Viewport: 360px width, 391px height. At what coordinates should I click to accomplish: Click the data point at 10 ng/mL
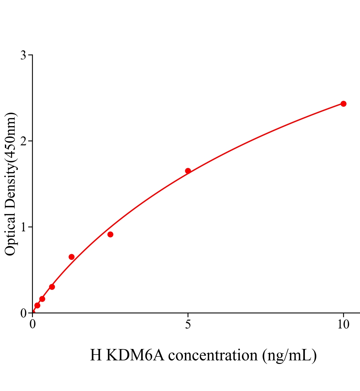coord(343,104)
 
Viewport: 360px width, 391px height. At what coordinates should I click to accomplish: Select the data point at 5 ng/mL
coord(188,171)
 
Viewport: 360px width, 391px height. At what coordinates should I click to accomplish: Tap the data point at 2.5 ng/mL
coord(110,234)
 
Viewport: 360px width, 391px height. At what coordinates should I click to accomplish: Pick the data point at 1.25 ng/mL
coord(71,257)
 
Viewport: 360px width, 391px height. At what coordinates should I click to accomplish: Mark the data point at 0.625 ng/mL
coord(52,287)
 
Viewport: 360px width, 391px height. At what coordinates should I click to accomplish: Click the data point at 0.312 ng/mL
coord(42,299)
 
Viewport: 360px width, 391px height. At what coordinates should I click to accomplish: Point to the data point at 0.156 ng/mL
coord(37,305)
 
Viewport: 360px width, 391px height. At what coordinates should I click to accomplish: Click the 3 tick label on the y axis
coord(23,55)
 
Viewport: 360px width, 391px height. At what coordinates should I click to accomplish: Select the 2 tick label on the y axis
coord(23,141)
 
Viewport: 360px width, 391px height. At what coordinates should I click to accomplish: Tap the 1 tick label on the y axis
coord(23,227)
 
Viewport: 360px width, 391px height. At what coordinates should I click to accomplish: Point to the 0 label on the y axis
coord(23,313)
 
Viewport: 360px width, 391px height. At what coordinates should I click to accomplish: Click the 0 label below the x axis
coord(33,325)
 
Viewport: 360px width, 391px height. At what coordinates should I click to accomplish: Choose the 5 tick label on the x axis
coord(188,325)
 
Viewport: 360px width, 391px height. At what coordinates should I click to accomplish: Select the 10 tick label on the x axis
coord(343,325)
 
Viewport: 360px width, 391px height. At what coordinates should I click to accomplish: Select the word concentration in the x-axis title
coord(213,355)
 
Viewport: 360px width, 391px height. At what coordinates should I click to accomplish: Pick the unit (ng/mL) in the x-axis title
coord(289,355)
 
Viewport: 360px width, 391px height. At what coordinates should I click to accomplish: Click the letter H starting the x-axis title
coord(96,355)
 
